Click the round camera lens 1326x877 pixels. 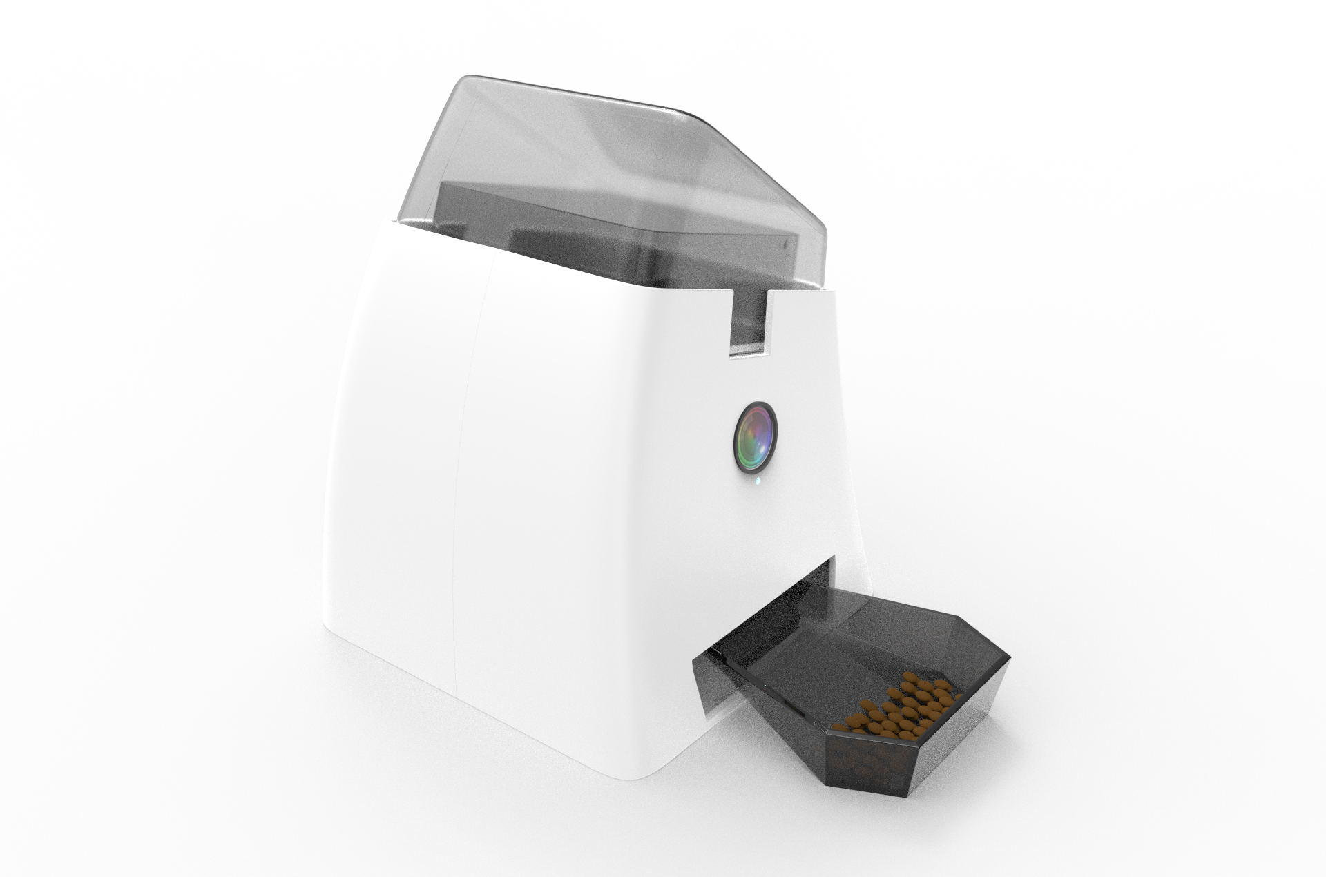(x=755, y=438)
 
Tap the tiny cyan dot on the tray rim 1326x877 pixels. (x=765, y=686)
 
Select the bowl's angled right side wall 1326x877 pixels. (x=981, y=718)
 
